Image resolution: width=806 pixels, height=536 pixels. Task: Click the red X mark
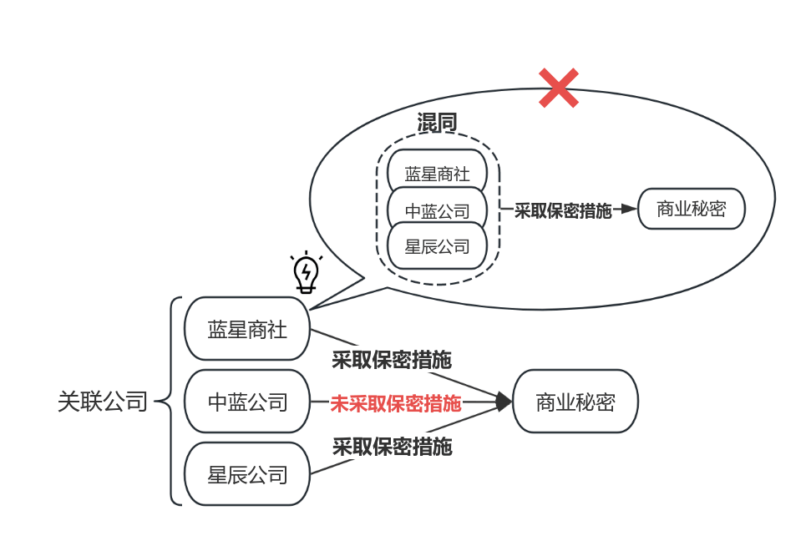click(x=559, y=88)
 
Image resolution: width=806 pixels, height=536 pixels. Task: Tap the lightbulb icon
click(x=307, y=271)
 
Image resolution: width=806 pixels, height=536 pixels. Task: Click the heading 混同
click(x=437, y=123)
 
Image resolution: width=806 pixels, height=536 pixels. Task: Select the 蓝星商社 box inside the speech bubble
click(x=437, y=174)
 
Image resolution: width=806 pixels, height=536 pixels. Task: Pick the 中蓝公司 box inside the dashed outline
click(x=437, y=210)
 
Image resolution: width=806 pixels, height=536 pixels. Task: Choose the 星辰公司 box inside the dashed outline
click(x=437, y=246)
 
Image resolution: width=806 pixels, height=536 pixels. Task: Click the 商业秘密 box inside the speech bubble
click(x=692, y=210)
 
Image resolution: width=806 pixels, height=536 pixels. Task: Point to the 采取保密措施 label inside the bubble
click(x=562, y=210)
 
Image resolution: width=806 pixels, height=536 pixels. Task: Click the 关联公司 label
click(x=102, y=402)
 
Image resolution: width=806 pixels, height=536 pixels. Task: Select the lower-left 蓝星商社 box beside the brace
click(x=247, y=330)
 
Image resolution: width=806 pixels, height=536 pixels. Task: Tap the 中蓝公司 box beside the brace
click(x=247, y=402)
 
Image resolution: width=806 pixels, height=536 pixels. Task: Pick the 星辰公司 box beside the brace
click(x=247, y=474)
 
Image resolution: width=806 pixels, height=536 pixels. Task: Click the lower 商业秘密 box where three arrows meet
click(x=575, y=402)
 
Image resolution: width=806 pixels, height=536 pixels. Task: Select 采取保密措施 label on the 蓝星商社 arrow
click(x=392, y=360)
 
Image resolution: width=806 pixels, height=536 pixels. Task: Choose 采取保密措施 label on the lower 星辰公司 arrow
click(x=393, y=446)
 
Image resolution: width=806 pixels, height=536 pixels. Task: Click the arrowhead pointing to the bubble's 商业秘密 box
click(x=628, y=210)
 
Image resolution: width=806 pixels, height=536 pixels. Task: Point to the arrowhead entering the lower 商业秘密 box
click(x=504, y=402)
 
